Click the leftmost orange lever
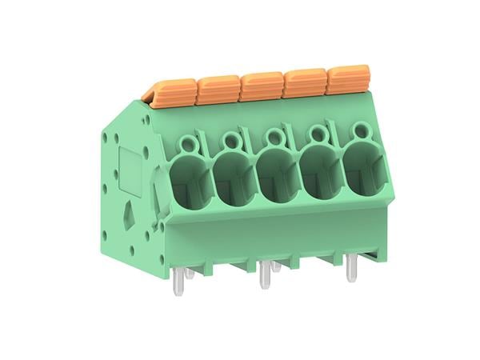[173, 90]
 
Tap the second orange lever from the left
[217, 86]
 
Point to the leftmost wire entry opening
[190, 178]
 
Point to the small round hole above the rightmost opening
[356, 131]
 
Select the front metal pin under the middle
[263, 276]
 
